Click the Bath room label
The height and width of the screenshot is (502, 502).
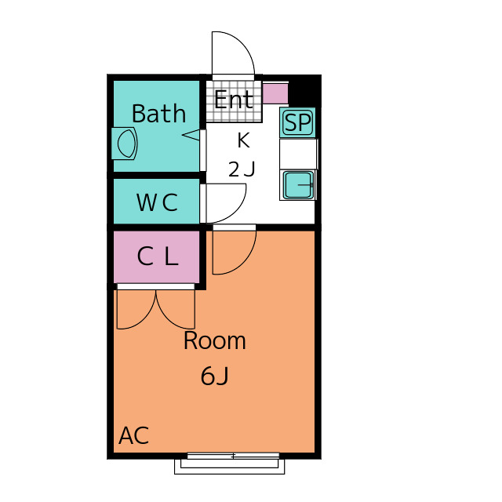point(158,113)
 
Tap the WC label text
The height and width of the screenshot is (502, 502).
point(157,202)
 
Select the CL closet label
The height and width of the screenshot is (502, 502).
point(158,256)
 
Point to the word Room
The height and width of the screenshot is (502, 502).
point(214,340)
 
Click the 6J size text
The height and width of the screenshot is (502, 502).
point(214,376)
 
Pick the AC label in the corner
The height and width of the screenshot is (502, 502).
point(134,435)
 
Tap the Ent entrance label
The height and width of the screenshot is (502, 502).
point(234,100)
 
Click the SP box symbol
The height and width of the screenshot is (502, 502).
point(297,122)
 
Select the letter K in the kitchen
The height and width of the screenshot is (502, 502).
point(243,140)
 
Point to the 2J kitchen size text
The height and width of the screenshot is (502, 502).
point(242,169)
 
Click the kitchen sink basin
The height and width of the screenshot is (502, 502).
point(298,185)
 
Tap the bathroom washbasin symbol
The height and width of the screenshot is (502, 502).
point(125,144)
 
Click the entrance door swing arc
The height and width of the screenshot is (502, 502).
point(234,53)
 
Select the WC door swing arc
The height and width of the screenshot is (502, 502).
point(226,203)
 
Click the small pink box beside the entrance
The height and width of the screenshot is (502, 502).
point(275,93)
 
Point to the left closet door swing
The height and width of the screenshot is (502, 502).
point(136,310)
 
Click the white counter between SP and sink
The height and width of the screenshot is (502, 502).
point(298,154)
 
